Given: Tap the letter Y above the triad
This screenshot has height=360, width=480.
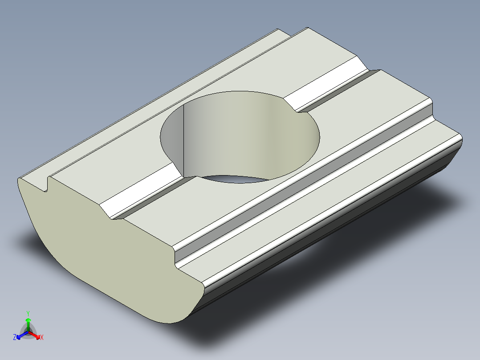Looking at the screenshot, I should pyautogui.click(x=28, y=313).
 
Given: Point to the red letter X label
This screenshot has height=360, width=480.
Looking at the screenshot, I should pyautogui.click(x=42, y=338).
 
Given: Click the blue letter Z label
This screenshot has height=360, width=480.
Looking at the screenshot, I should pyautogui.click(x=15, y=338).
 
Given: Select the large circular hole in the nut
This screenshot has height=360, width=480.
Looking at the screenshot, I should pyautogui.click(x=240, y=134).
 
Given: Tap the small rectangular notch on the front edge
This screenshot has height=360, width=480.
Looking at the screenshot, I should pyautogui.click(x=46, y=185).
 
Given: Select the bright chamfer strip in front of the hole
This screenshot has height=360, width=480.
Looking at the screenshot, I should pyautogui.click(x=138, y=196).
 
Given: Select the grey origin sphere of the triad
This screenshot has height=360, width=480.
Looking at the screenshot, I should pyautogui.click(x=28, y=332).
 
